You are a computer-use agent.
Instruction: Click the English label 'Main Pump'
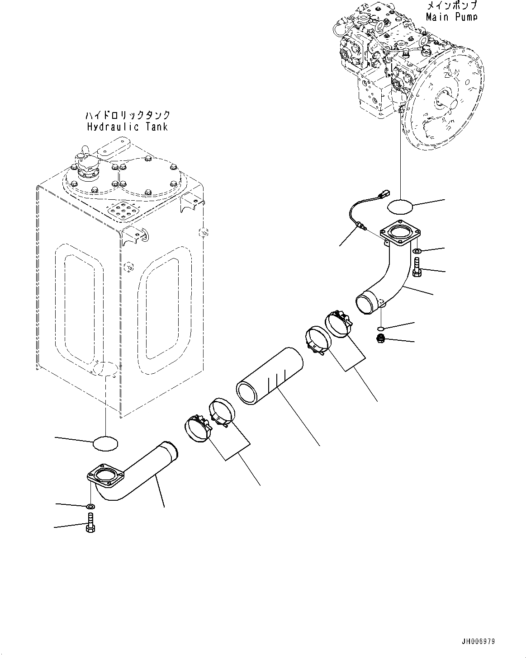[451, 17]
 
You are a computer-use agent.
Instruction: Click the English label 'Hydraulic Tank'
[127, 127]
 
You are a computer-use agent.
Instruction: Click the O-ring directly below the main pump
[400, 206]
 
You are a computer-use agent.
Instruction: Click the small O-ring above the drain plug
[381, 328]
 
